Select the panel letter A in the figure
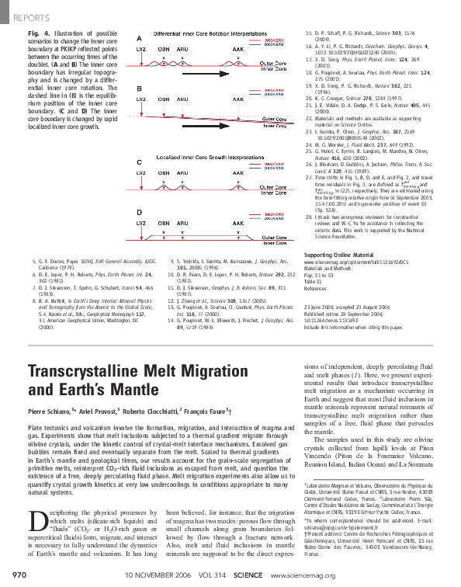(x=139, y=39)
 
